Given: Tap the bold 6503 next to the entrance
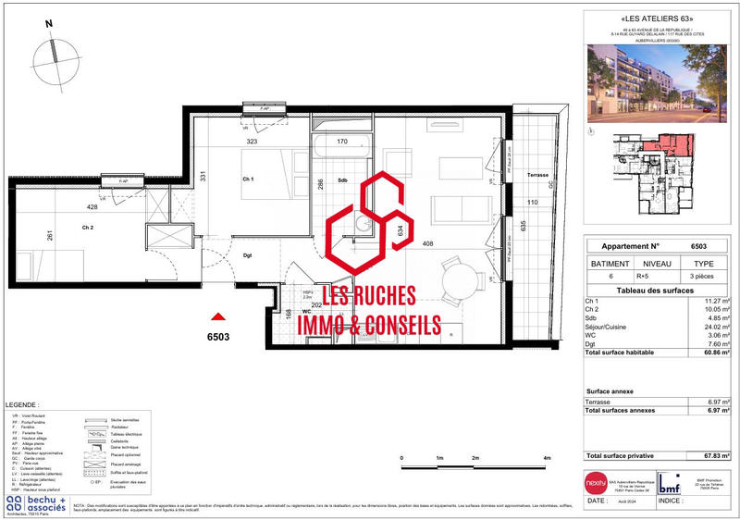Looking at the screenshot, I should coord(219,338).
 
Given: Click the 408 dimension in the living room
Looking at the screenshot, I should coord(428,244).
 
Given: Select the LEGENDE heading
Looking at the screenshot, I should coord(22,405).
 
